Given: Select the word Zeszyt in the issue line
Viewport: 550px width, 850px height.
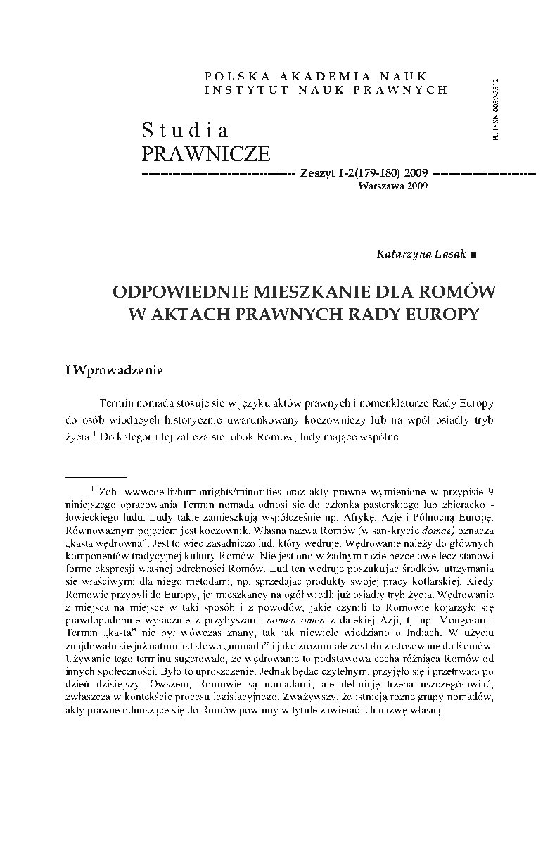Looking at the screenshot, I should [316, 173].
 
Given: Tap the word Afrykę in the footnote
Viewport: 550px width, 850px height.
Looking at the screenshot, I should [363, 516].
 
